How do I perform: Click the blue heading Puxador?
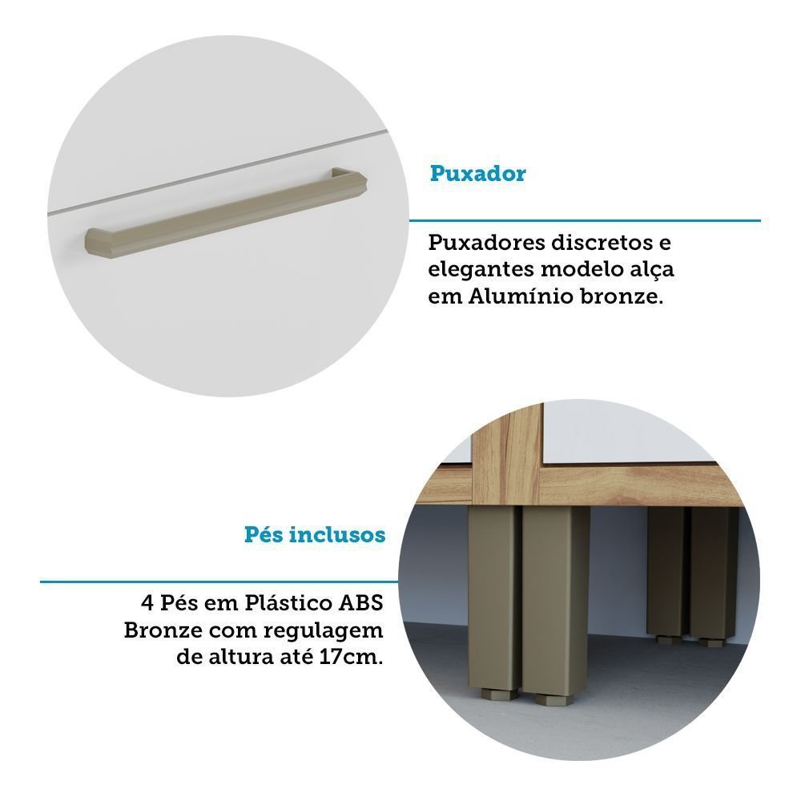tap(477, 174)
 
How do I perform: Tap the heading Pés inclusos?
tap(315, 535)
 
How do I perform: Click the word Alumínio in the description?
tap(521, 296)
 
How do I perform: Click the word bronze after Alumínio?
tap(622, 296)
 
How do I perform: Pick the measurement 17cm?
tap(351, 657)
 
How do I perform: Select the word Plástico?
tap(288, 603)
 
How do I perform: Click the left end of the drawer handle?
tap(91, 244)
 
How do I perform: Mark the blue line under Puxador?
tap(585, 221)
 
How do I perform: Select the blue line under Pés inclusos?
tap(219, 582)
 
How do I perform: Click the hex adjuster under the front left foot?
tap(499, 694)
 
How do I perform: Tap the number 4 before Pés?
tap(147, 603)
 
